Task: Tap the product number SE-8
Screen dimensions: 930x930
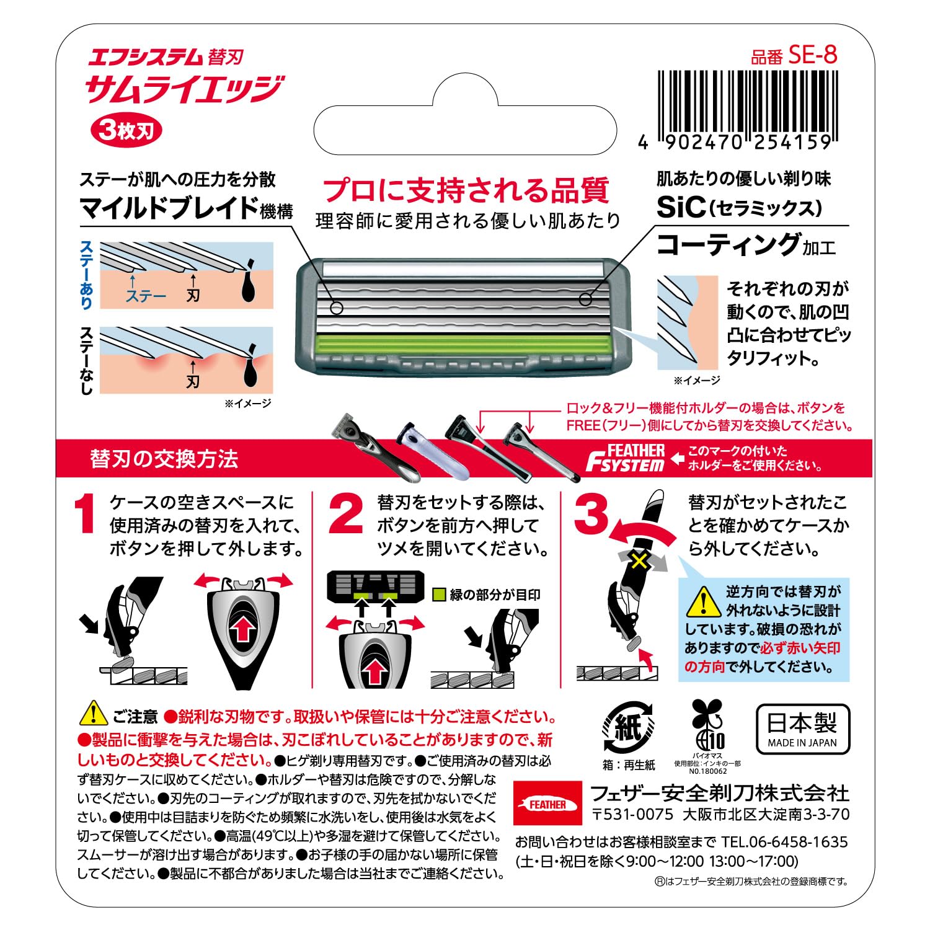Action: point(812,55)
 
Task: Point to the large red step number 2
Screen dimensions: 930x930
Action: point(345,514)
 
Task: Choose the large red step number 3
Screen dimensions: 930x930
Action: point(591,514)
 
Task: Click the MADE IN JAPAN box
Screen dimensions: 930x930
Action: point(802,729)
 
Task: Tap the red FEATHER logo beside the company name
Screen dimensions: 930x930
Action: point(547,804)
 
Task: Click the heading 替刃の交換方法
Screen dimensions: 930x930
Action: point(164,459)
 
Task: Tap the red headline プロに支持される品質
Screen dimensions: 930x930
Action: point(466,190)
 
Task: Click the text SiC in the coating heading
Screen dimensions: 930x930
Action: point(680,208)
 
